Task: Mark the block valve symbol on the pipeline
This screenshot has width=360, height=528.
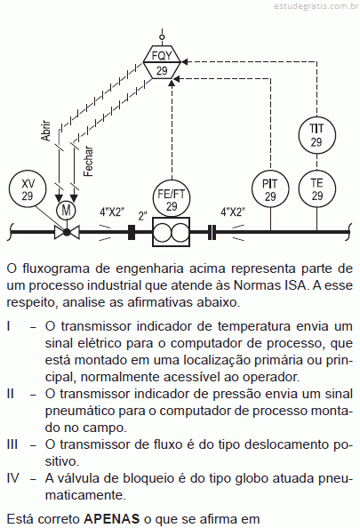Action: pyautogui.click(x=67, y=232)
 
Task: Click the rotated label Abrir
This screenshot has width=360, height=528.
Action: pyautogui.click(x=46, y=131)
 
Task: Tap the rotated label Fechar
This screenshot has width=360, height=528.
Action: pyautogui.click(x=88, y=161)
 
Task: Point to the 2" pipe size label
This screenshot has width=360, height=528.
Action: pyautogui.click(x=142, y=216)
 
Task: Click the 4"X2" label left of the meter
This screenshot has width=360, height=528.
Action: pyautogui.click(x=112, y=212)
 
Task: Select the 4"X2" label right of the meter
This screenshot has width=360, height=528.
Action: pyautogui.click(x=233, y=212)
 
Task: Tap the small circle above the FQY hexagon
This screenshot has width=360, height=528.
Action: pyautogui.click(x=162, y=36)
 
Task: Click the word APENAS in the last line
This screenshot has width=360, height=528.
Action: pyautogui.click(x=111, y=518)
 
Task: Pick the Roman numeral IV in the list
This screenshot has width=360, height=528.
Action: pyautogui.click(x=13, y=478)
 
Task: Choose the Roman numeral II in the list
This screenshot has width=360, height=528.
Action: pyautogui.click(x=10, y=394)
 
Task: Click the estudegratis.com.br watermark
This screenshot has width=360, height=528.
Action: pyautogui.click(x=316, y=6)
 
